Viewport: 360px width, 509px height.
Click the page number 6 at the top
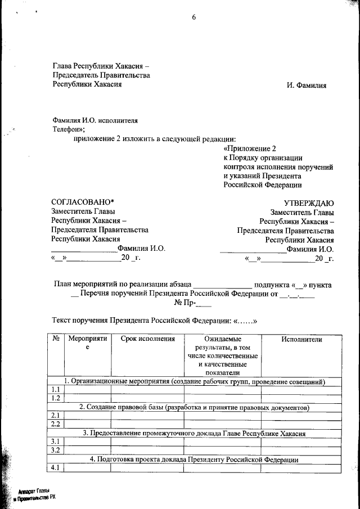(193, 17)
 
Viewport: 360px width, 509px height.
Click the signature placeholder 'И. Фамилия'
(307, 85)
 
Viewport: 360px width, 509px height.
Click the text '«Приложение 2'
(250, 148)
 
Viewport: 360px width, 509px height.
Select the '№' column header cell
(56, 339)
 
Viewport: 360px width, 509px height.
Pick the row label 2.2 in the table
(56, 424)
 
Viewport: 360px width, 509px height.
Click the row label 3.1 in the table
(56, 442)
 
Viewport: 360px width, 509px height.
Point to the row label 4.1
(56, 468)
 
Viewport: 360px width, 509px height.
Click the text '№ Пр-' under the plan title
(186, 303)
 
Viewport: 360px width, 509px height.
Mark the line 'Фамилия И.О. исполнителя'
(94, 120)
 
